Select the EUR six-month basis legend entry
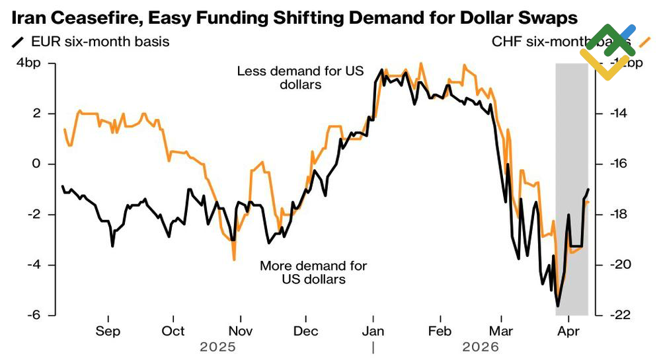pos(90,42)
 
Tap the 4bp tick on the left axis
pos(28,63)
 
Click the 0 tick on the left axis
pos(36,164)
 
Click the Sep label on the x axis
pos(108,331)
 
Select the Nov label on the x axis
pos(241,331)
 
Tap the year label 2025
pos(217,346)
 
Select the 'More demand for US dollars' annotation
pos(313,273)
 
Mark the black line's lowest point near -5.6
pos(558,306)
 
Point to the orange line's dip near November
pos(234,260)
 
